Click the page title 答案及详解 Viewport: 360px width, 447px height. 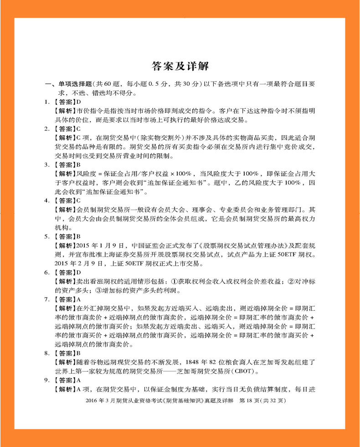tap(180, 66)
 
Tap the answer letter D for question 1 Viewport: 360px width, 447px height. tap(78, 102)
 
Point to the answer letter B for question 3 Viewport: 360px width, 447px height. tap(78, 164)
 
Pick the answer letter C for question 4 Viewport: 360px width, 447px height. tap(78, 200)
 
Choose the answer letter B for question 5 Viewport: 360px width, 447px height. tap(78, 236)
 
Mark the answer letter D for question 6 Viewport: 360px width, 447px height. tap(78, 272)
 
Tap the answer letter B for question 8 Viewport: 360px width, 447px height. tap(78, 353)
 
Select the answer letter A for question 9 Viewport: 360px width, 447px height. tap(78, 380)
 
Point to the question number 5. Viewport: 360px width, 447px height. tap(46, 236)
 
